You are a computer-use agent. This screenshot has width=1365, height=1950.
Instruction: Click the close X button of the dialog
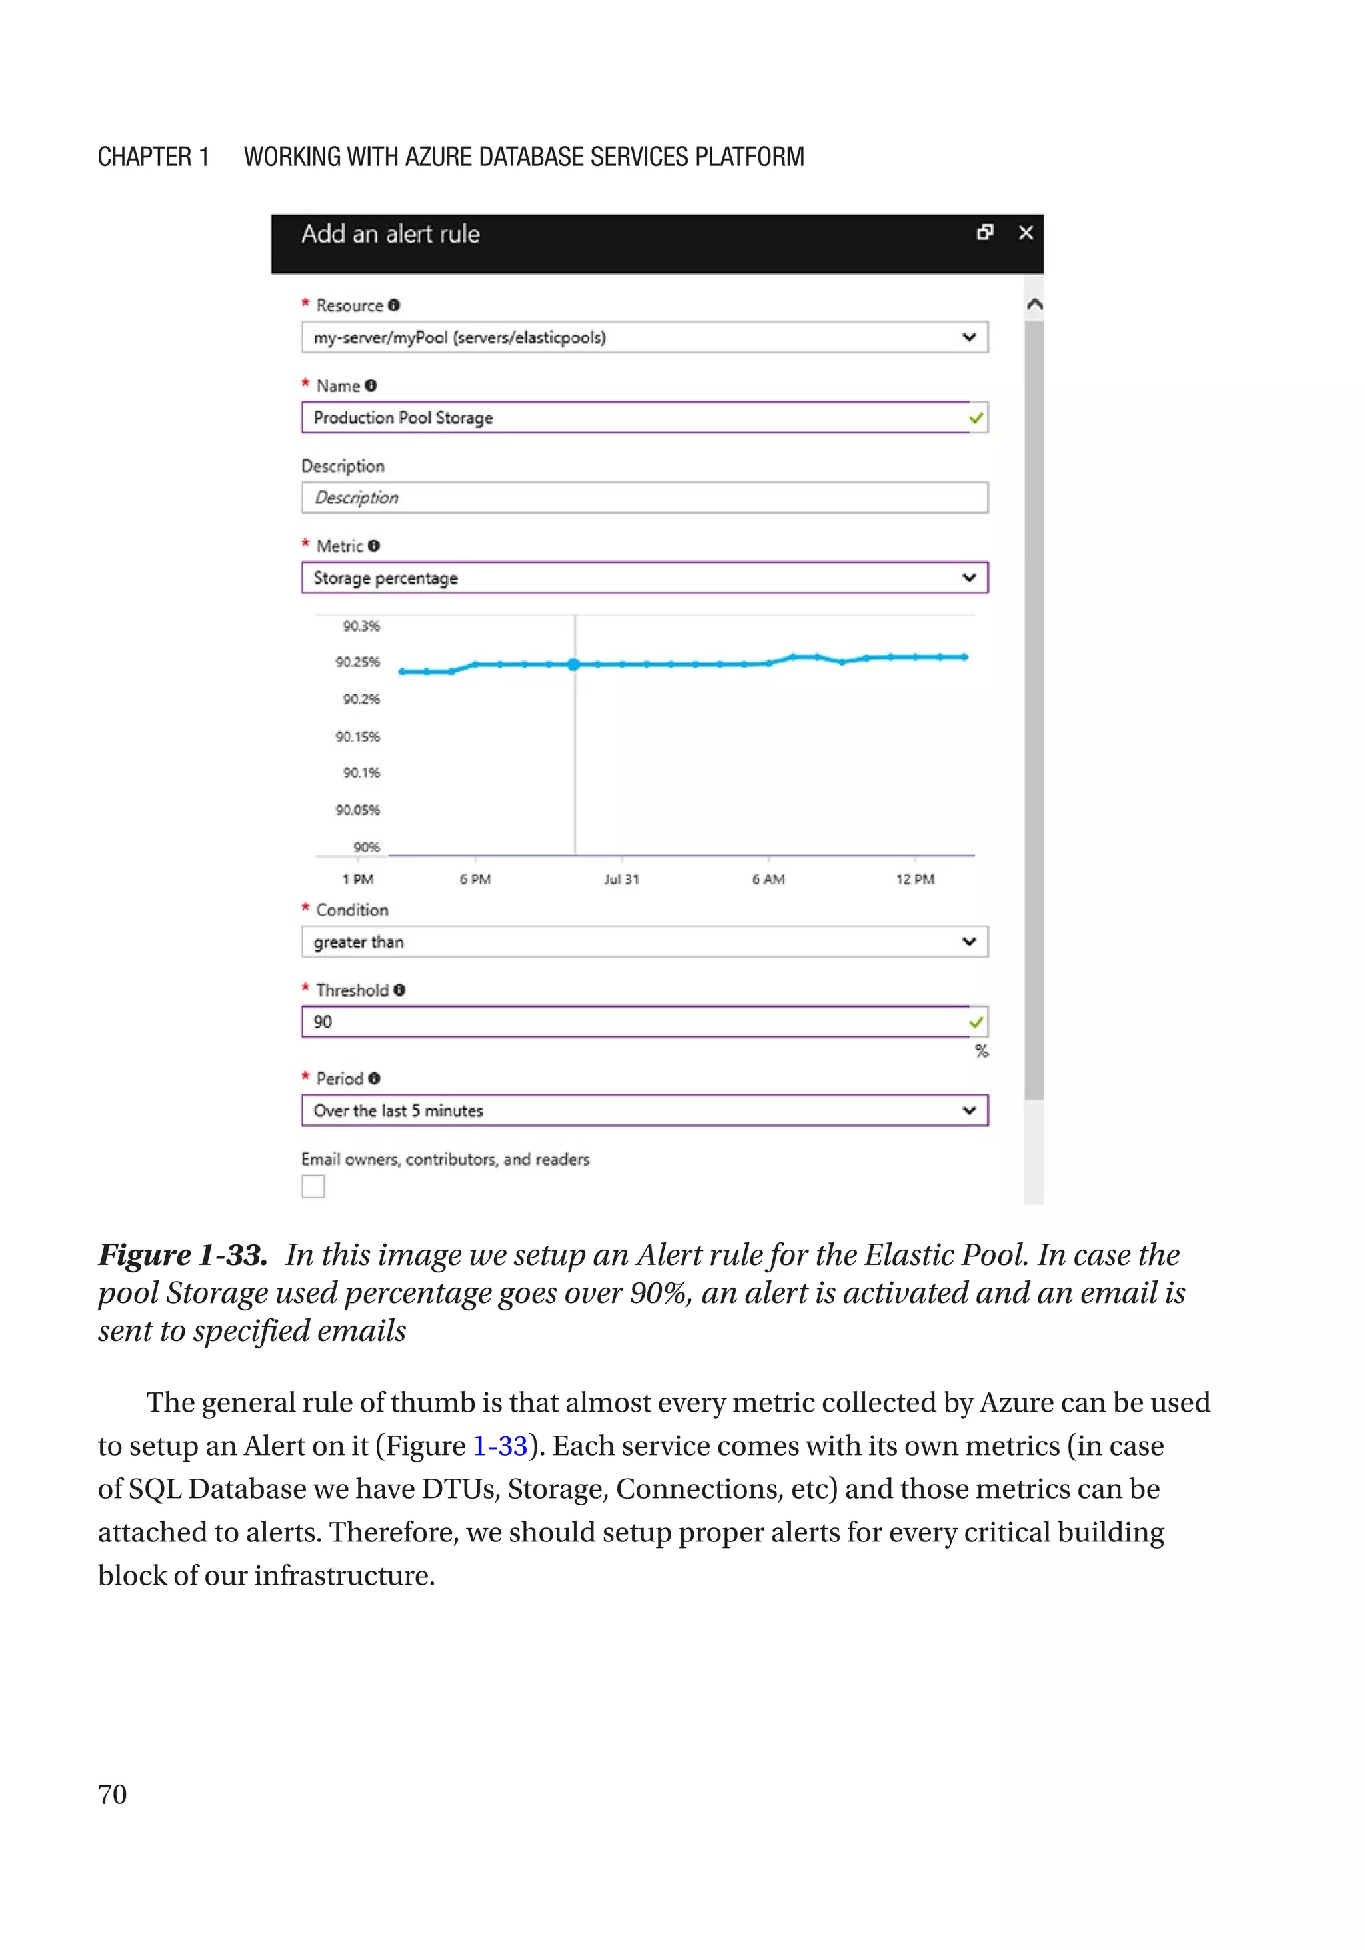[1025, 233]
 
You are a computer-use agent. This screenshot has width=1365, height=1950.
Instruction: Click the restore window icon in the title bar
[984, 233]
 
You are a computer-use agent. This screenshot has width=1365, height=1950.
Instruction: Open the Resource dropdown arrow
[968, 337]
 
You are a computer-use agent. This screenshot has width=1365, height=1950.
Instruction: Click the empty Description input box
[644, 498]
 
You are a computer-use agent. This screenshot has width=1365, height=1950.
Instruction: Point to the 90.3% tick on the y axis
[361, 626]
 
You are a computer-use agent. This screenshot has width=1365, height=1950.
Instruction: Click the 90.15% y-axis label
[358, 737]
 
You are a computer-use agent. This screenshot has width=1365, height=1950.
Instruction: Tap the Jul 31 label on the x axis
[621, 880]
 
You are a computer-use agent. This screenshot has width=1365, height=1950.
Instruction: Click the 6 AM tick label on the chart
[768, 880]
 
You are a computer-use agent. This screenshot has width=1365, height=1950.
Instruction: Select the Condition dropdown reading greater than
[644, 942]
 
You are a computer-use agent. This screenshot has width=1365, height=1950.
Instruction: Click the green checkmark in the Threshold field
[976, 1022]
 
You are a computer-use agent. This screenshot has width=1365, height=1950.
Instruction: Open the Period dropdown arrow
[968, 1111]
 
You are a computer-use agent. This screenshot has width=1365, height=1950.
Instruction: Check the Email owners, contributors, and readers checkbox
[313, 1186]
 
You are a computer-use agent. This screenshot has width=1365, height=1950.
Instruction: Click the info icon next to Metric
[374, 546]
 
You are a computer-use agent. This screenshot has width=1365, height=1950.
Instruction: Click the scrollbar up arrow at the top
[1034, 304]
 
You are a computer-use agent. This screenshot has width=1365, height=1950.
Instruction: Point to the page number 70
[112, 1795]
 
